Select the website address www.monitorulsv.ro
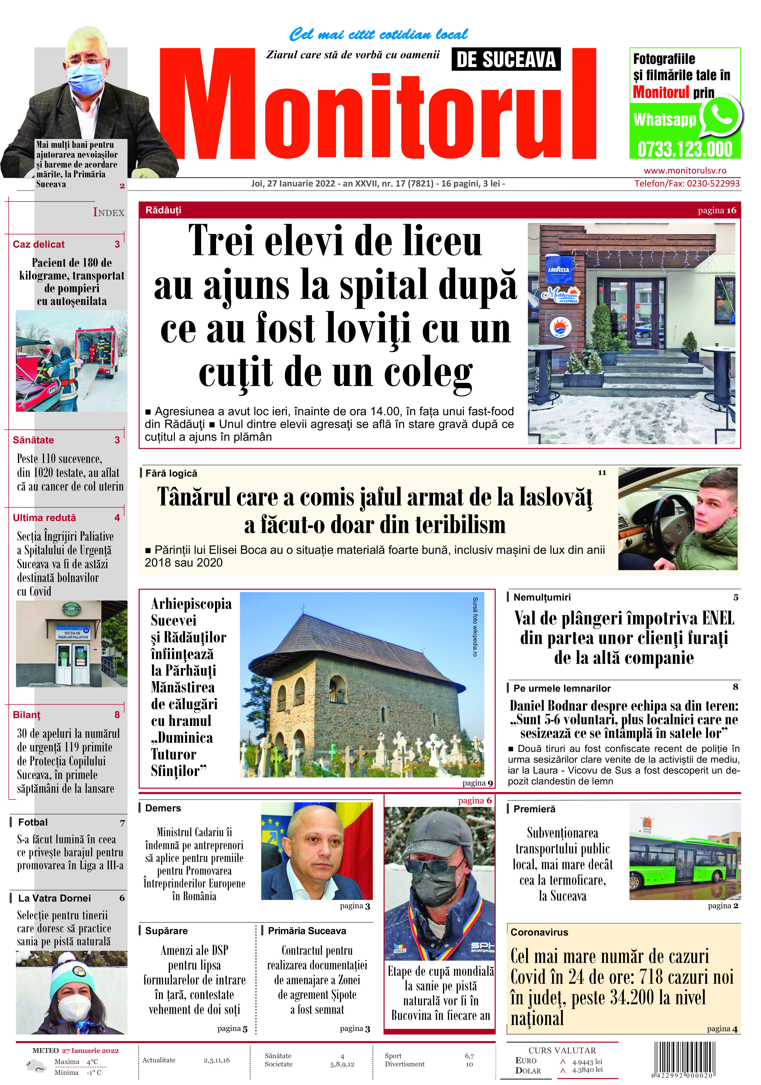pos(685,171)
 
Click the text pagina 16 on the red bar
pos(717,210)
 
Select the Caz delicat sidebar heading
pos(39,244)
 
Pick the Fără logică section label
pos(171,473)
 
